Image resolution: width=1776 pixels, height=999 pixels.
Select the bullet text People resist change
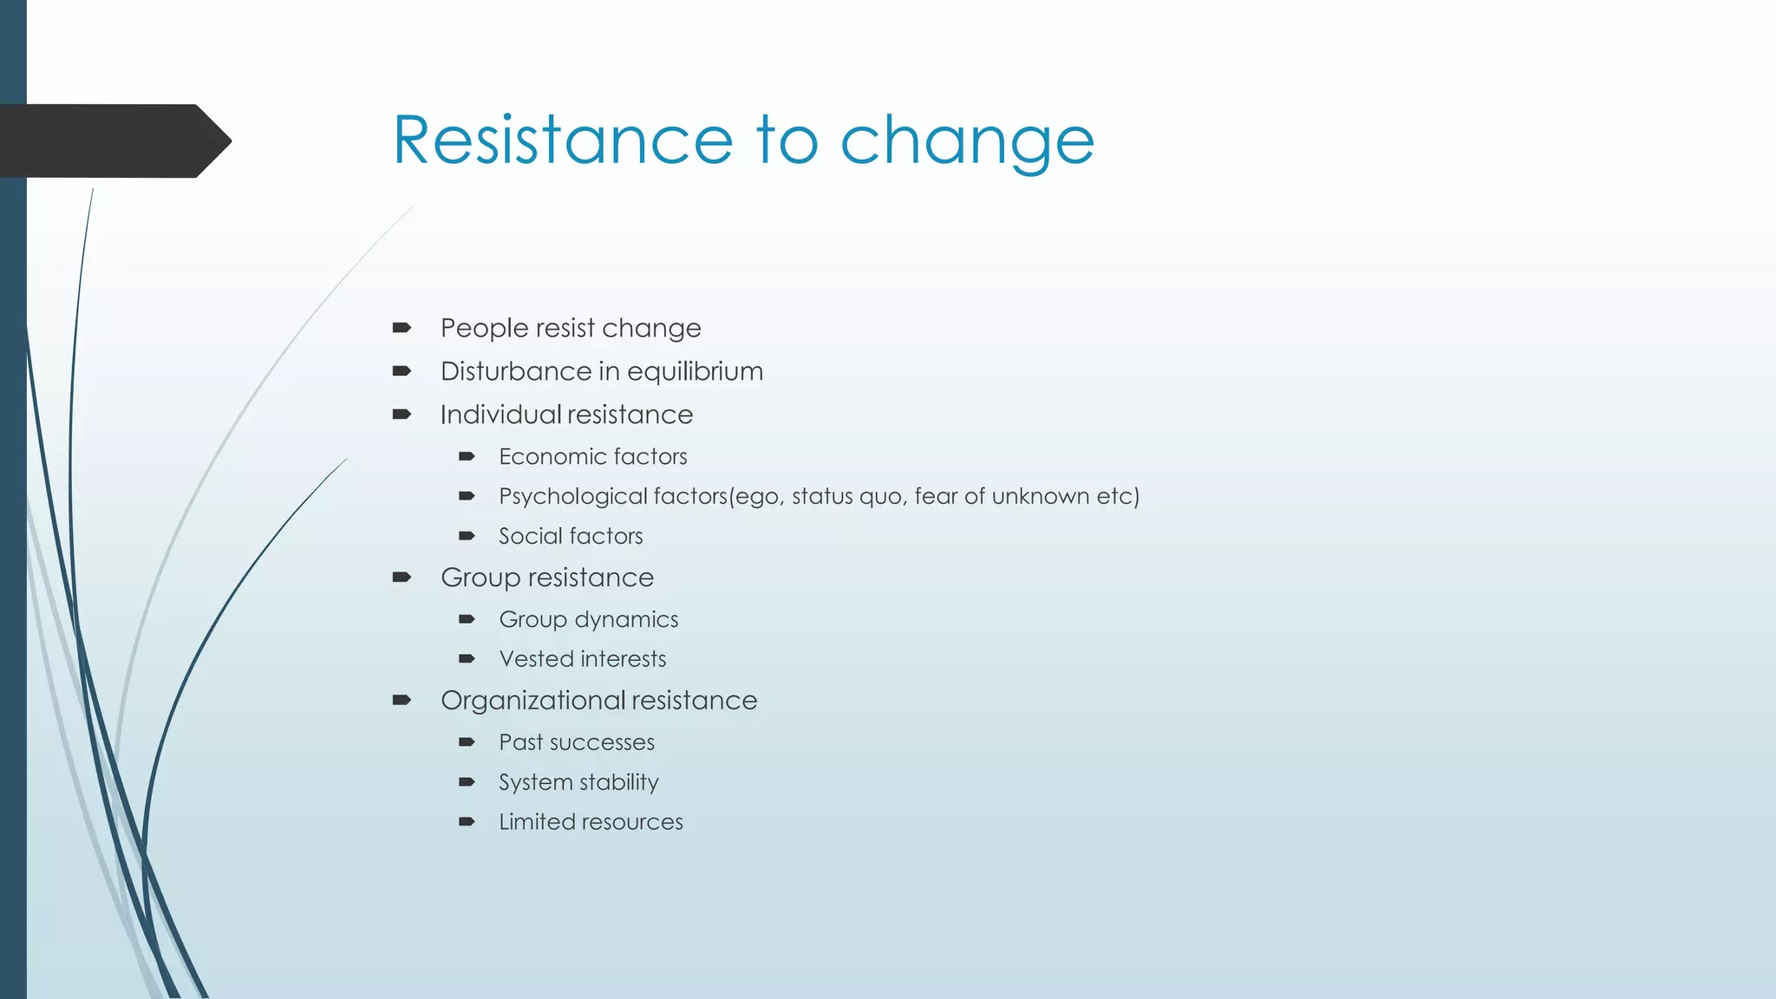point(570,329)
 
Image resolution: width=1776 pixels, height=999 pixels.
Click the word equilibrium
point(695,372)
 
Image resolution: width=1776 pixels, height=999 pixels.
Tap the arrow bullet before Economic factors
point(467,456)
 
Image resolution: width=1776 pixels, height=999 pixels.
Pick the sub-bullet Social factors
point(571,537)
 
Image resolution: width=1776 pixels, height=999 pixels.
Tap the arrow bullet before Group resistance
point(402,578)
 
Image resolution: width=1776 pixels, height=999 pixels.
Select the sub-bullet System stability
point(578,783)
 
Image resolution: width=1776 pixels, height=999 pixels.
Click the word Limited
point(533,822)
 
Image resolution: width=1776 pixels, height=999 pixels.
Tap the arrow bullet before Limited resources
point(467,822)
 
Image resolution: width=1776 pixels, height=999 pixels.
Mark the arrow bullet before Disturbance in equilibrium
point(402,371)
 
